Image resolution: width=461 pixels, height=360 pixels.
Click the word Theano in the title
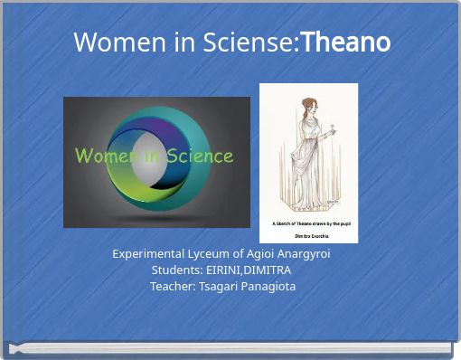click(345, 42)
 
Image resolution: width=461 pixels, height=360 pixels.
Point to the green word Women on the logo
click(107, 156)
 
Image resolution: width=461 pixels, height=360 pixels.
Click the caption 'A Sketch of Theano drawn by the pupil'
click(308, 222)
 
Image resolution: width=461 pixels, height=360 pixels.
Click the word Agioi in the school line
click(258, 254)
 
